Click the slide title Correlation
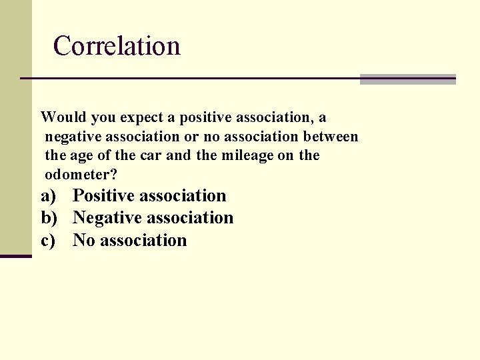coord(117,46)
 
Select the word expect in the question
coord(142,118)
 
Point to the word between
coord(331,137)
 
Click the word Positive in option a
coord(103,196)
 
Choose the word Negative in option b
coord(107,218)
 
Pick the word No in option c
coord(84,241)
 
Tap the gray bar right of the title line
coord(407,79)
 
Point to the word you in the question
coord(103,118)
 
